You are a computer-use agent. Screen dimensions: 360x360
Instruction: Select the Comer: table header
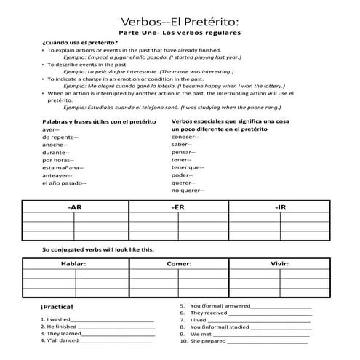179,263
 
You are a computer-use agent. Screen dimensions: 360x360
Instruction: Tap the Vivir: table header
280,263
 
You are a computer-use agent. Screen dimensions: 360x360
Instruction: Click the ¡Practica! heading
57,308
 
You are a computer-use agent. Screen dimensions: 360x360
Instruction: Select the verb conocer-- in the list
186,137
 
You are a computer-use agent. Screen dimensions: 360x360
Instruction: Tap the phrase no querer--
188,191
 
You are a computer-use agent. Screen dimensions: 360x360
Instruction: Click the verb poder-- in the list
183,175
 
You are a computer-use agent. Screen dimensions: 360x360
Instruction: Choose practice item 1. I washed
57,319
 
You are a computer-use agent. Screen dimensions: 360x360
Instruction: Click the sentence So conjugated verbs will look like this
98,249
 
